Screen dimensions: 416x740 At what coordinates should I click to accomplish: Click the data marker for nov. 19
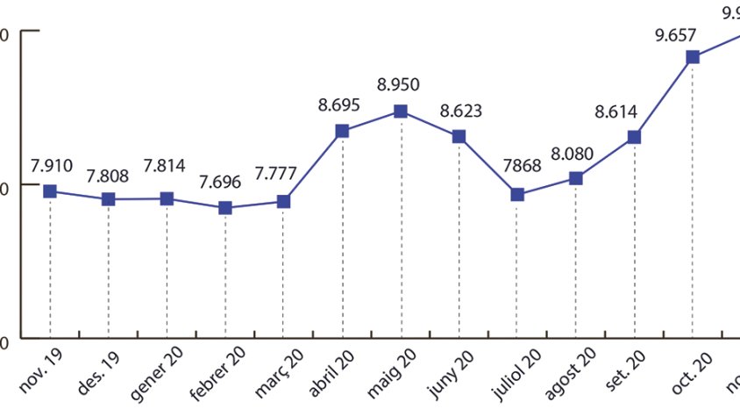(x=50, y=191)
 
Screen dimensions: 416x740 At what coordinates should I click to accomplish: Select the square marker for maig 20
(x=400, y=111)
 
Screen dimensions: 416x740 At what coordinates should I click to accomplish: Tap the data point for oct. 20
(x=693, y=57)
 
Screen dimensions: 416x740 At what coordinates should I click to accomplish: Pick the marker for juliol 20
(x=517, y=195)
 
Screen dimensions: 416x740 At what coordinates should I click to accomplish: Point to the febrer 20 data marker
(x=225, y=208)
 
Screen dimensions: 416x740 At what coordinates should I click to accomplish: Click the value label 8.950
(x=398, y=85)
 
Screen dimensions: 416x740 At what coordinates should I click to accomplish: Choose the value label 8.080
(x=573, y=154)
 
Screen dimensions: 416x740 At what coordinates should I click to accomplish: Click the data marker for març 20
(x=283, y=202)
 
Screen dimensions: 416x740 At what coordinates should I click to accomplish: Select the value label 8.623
(x=460, y=111)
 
